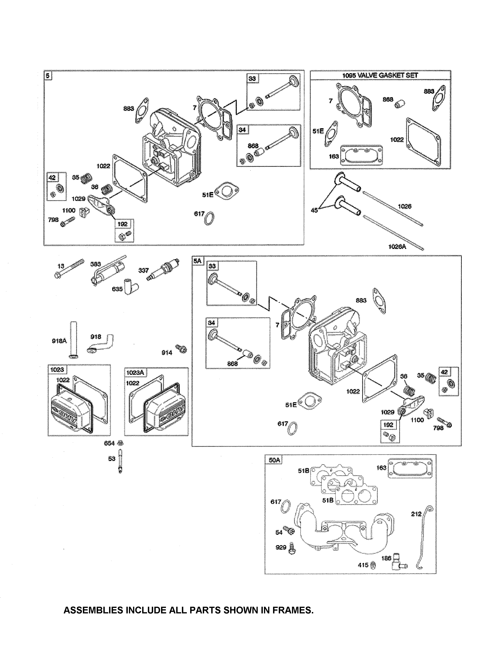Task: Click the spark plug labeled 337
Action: (163, 269)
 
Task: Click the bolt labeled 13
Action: (69, 269)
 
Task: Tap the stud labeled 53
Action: (120, 461)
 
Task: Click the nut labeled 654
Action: (120, 443)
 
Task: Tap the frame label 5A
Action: (197, 261)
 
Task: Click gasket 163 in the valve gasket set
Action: (361, 155)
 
